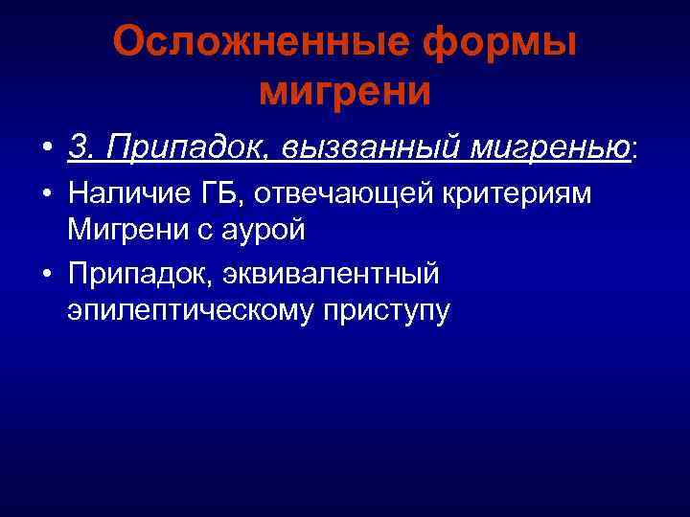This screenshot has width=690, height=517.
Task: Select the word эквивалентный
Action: click(332, 274)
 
